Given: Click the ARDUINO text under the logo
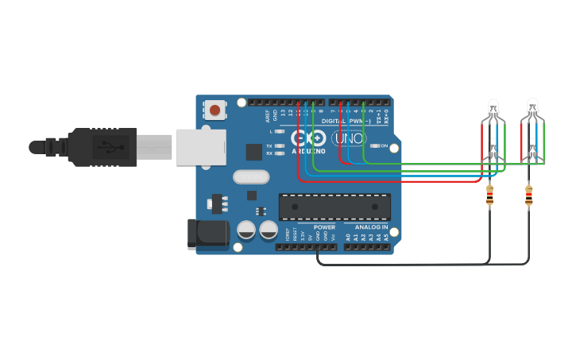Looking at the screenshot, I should click(x=308, y=150).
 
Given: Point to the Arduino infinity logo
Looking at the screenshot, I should click(x=308, y=138).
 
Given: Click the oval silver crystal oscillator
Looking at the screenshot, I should click(x=251, y=178).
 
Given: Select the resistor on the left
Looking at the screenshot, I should click(x=489, y=195).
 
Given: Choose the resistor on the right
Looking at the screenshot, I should click(x=529, y=195).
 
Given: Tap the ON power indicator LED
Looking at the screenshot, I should click(x=375, y=146).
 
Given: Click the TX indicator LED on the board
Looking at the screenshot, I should click(x=279, y=146).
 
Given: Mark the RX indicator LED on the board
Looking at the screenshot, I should click(x=279, y=153).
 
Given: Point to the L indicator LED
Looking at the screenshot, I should click(x=279, y=131).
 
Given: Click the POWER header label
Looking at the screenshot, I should click(x=324, y=227).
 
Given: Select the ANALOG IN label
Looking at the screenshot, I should click(x=371, y=227).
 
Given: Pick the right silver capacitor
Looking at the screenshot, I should click(x=269, y=231).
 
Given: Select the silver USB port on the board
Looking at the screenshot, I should click(x=199, y=147).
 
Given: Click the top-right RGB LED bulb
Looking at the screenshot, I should click(x=532, y=106).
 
